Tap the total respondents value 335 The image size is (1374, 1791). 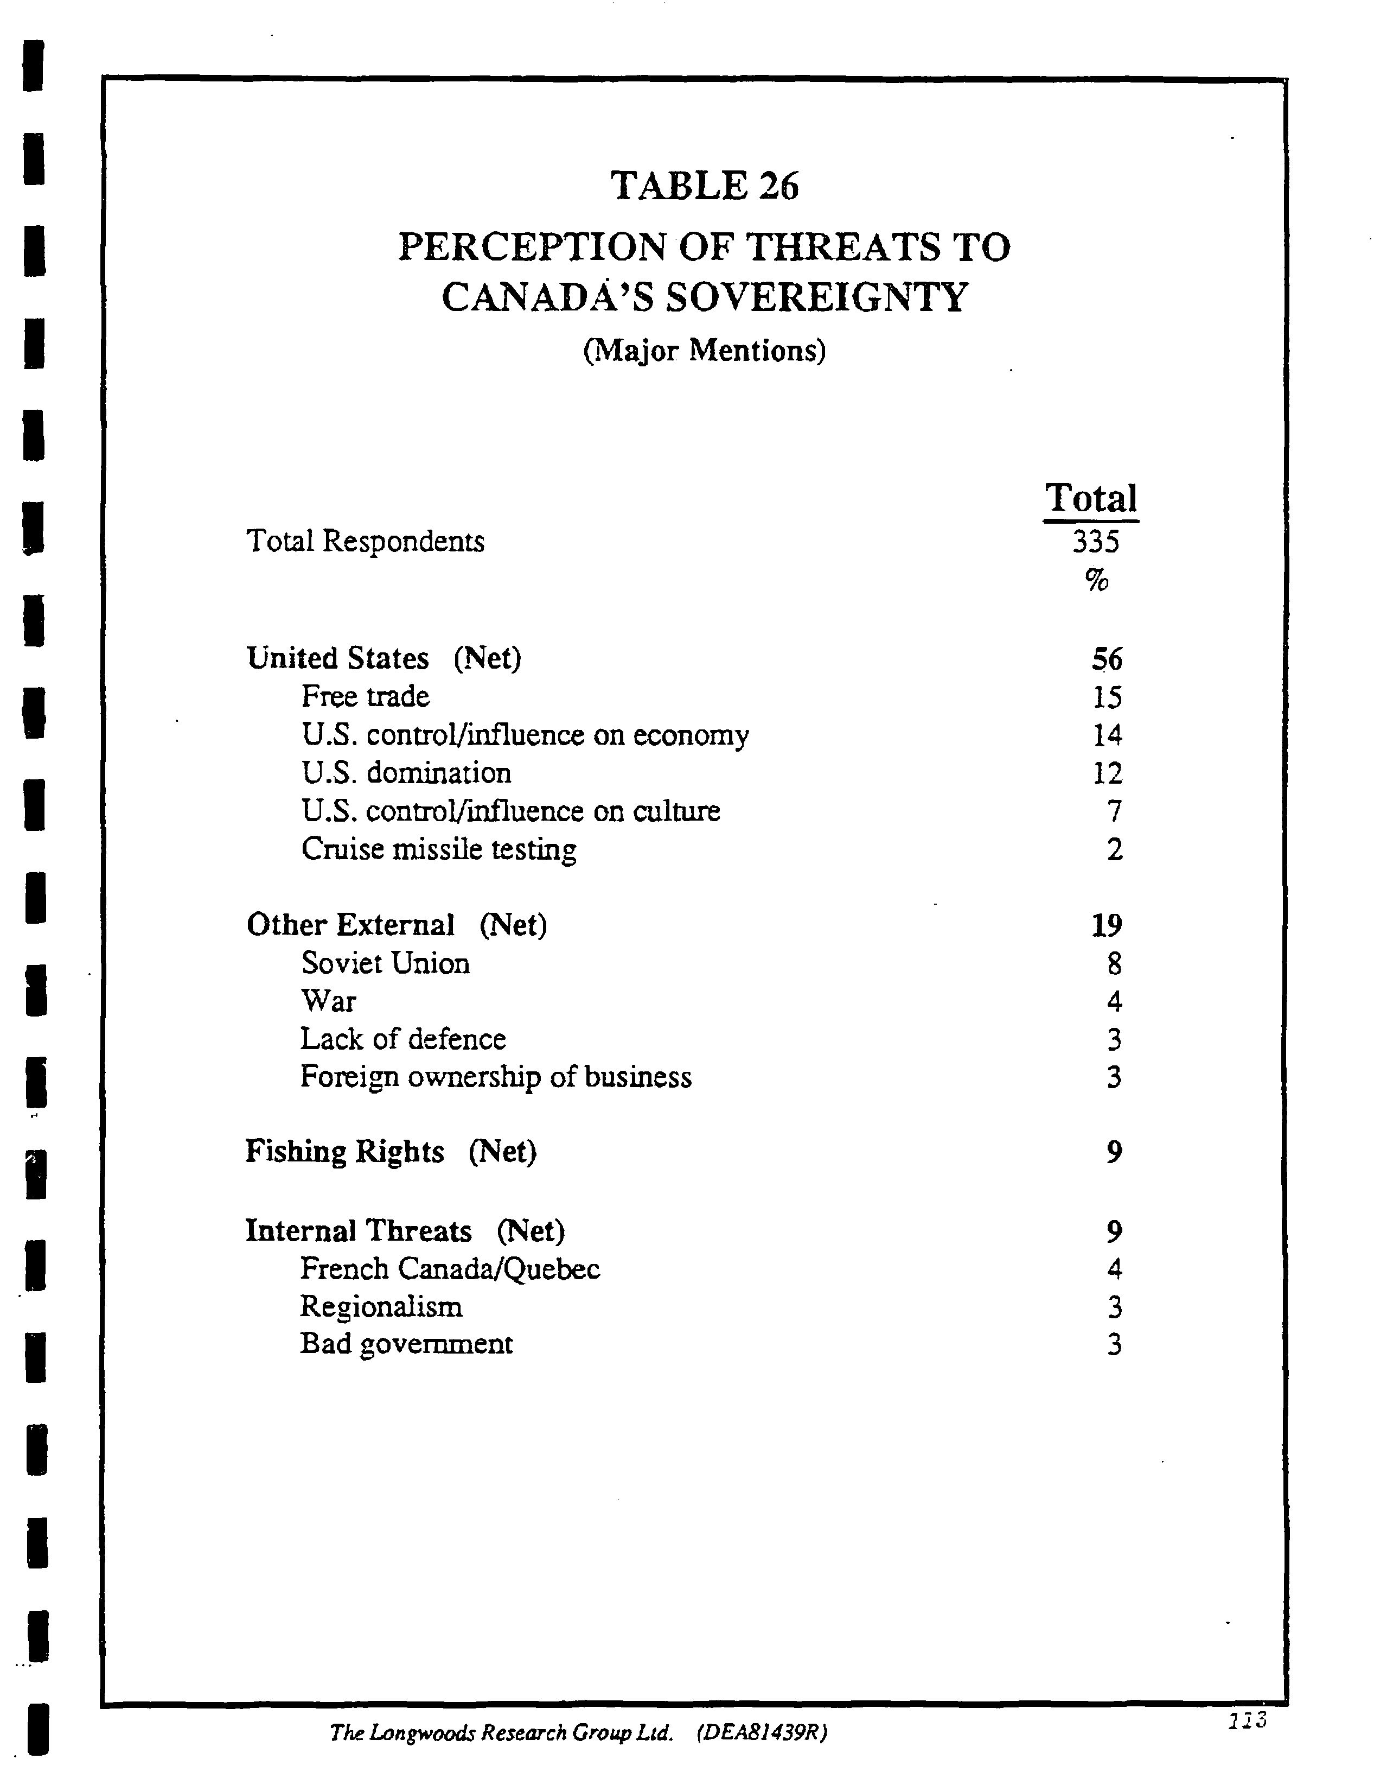[x=1095, y=542]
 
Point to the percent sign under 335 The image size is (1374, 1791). [x=1097, y=580]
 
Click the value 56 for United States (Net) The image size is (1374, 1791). [x=1107, y=659]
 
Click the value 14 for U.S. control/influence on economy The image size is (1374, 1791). [x=1107, y=735]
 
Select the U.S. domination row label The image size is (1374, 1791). [x=406, y=772]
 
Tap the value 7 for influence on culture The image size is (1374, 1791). [x=1114, y=811]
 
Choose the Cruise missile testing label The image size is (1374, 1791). [x=438, y=849]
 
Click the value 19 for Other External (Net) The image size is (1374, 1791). [x=1107, y=925]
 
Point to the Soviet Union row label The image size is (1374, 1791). [x=385, y=964]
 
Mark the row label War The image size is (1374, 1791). [x=328, y=1001]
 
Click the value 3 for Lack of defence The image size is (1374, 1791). [x=1114, y=1040]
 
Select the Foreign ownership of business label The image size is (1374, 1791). [x=496, y=1077]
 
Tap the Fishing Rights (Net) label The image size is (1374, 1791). [x=391, y=1152]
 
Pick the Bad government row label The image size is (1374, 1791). [x=406, y=1344]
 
